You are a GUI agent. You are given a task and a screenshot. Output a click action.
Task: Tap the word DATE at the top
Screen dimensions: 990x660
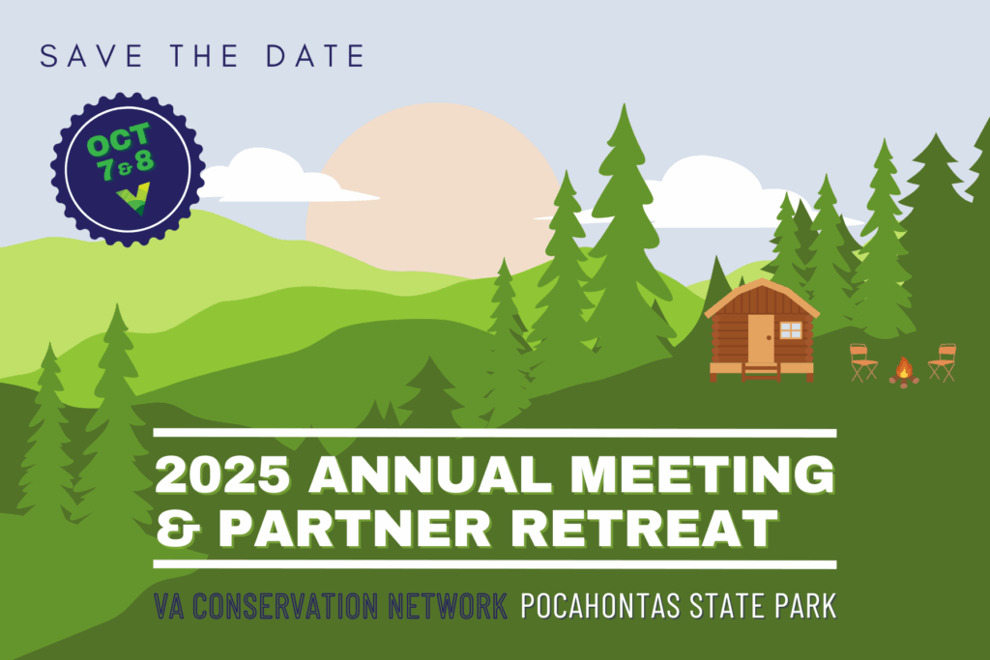(x=315, y=55)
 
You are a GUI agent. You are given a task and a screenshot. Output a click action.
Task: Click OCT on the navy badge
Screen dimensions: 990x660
(x=119, y=140)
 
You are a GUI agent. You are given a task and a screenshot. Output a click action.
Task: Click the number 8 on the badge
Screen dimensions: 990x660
(x=145, y=160)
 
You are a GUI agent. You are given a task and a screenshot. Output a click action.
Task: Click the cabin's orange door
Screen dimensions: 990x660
(x=761, y=338)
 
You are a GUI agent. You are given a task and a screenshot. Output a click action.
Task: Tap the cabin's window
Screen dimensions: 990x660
(x=791, y=330)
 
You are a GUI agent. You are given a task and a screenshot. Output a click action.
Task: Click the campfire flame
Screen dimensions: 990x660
(x=904, y=368)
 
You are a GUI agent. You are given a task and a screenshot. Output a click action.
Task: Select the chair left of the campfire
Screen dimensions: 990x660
(x=863, y=362)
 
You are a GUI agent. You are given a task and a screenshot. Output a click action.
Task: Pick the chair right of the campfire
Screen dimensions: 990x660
(x=942, y=362)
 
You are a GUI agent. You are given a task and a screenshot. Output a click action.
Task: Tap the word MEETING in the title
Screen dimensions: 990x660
(x=702, y=473)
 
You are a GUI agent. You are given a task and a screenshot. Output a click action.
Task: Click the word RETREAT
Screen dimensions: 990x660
(x=644, y=528)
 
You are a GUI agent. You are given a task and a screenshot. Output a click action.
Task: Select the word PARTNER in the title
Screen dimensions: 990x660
(x=355, y=528)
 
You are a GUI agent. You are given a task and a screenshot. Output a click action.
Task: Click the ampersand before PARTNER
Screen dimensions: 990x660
(x=178, y=529)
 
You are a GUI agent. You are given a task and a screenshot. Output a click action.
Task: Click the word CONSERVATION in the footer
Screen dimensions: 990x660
(x=285, y=606)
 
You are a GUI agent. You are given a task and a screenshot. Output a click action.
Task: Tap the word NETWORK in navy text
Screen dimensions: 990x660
(x=448, y=606)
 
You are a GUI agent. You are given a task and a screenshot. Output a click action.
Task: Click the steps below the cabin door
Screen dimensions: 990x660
(x=761, y=372)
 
